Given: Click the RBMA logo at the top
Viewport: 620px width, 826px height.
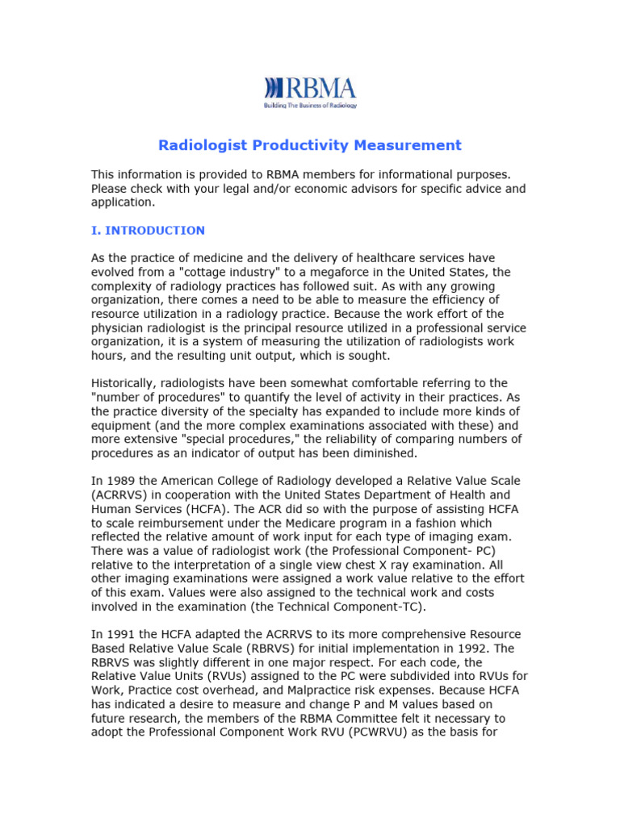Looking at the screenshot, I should pos(310,89).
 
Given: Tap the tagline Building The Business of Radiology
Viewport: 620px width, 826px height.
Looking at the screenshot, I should pos(310,105).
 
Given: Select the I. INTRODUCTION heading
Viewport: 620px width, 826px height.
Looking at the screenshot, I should pos(148,231).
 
